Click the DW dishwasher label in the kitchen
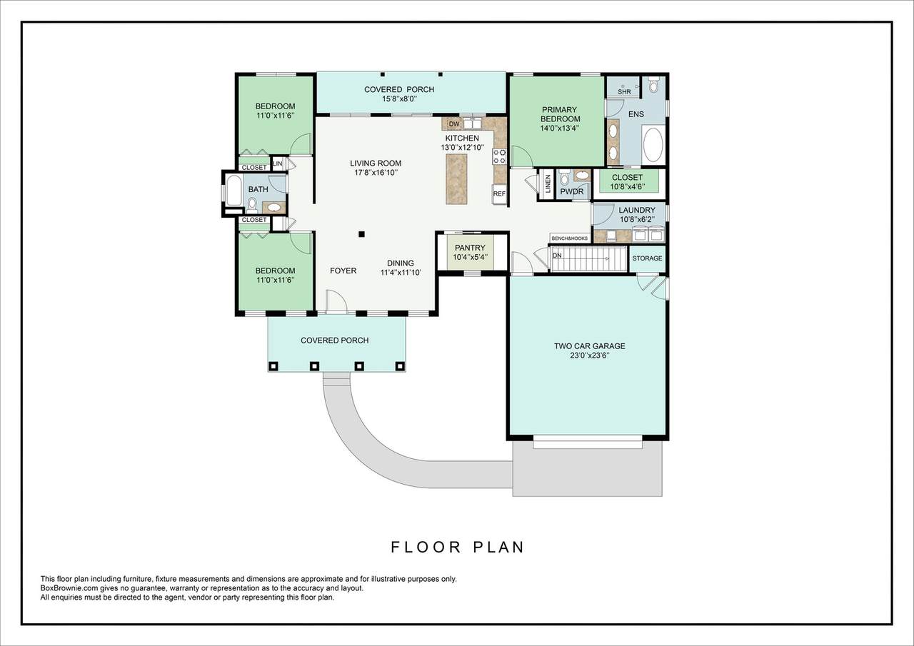click(x=453, y=123)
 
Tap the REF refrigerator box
click(x=499, y=194)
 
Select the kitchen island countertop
click(x=456, y=178)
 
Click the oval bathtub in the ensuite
click(x=653, y=145)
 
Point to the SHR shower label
click(x=624, y=92)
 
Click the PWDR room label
click(x=572, y=191)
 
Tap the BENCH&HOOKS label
click(x=570, y=238)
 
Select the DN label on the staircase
click(x=557, y=256)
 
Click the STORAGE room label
click(x=647, y=258)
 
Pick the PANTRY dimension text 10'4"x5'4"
click(x=470, y=257)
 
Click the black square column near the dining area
click(x=361, y=234)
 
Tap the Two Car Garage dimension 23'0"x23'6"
click(x=590, y=355)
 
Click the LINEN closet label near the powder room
click(x=548, y=184)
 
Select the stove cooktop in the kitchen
click(x=499, y=156)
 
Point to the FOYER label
click(x=343, y=271)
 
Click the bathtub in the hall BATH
click(x=233, y=191)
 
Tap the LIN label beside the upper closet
click(x=278, y=163)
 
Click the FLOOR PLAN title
click(x=458, y=547)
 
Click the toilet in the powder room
click(x=565, y=178)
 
